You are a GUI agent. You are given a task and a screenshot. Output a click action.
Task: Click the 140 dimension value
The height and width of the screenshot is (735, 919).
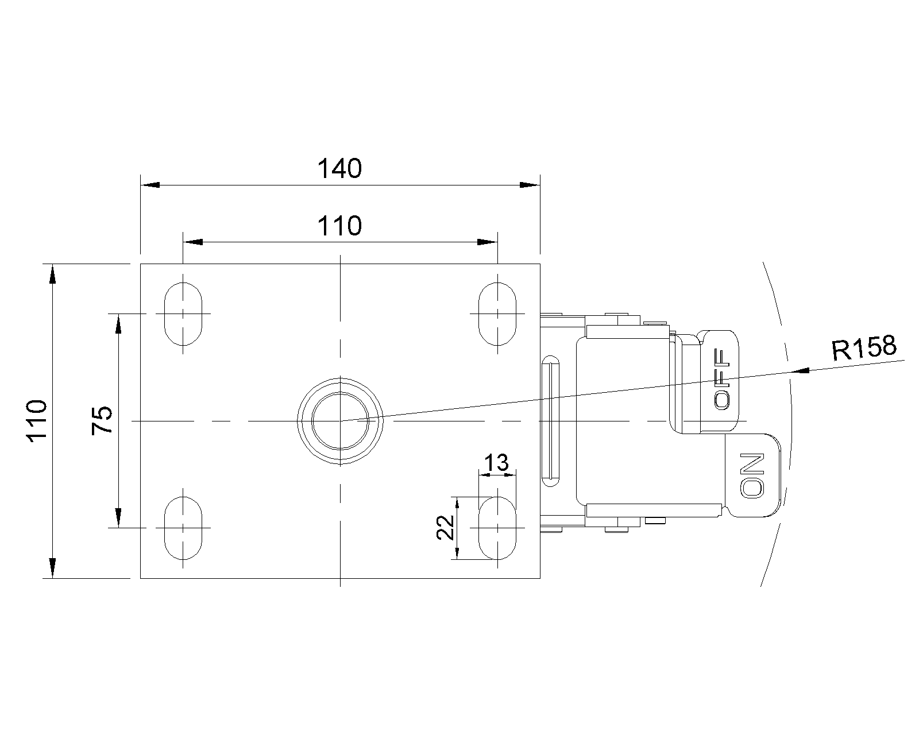(x=340, y=169)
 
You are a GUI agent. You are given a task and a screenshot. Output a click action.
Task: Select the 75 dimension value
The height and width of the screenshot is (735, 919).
(x=102, y=420)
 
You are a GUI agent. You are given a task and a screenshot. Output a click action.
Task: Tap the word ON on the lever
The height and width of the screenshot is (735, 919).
(x=753, y=475)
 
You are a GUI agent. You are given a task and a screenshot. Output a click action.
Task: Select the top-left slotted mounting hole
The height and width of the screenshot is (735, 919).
(x=183, y=314)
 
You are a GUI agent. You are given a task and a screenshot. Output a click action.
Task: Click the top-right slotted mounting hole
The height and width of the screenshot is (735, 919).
(x=497, y=314)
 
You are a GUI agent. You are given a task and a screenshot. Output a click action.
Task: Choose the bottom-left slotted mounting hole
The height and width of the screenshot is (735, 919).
(x=183, y=528)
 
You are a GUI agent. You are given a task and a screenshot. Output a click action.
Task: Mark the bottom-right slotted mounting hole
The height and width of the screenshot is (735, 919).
(x=497, y=528)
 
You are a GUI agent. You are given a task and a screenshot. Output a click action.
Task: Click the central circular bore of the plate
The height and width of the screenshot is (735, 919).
(x=340, y=421)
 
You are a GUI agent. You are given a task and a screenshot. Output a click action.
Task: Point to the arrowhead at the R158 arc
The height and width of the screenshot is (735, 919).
(x=800, y=371)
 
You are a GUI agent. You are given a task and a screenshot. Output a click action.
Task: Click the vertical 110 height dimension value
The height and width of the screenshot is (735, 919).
(x=37, y=420)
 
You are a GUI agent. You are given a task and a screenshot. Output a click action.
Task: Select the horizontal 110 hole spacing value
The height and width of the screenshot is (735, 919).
(x=340, y=226)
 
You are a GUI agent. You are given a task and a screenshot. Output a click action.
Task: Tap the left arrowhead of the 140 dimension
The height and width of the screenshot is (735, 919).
(x=150, y=185)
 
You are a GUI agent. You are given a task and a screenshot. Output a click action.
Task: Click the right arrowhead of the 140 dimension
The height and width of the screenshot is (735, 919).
(x=530, y=185)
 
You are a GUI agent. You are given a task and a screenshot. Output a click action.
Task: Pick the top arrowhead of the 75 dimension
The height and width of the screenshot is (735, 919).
(x=118, y=324)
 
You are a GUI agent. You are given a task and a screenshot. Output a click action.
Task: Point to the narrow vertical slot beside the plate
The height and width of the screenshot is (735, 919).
(x=551, y=422)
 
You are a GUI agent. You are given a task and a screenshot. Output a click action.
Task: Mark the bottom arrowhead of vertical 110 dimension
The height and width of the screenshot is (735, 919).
(x=52, y=568)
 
